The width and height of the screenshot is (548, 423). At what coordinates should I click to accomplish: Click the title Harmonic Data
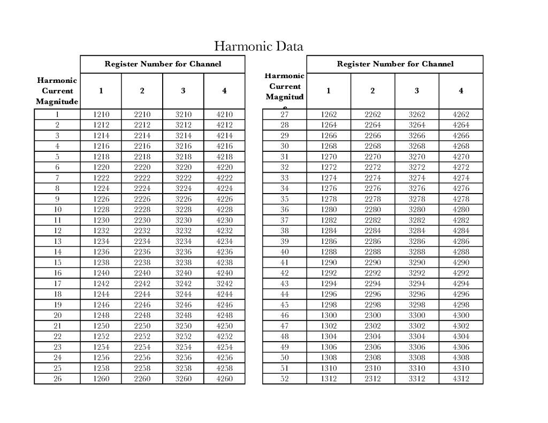pyautogui.click(x=258, y=47)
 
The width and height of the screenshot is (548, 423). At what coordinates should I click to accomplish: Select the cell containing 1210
pyautogui.click(x=101, y=114)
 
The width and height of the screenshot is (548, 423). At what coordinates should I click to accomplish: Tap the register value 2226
pyautogui.click(x=142, y=199)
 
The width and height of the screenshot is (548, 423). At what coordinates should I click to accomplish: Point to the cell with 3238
pyautogui.click(x=183, y=263)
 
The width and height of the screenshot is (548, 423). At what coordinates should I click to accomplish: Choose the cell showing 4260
pyautogui.click(x=224, y=379)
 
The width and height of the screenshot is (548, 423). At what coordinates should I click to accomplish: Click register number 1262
pyautogui.click(x=329, y=114)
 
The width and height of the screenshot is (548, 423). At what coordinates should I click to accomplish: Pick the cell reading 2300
pyautogui.click(x=372, y=316)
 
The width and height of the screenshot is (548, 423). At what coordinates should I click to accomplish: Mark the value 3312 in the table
pyautogui.click(x=416, y=379)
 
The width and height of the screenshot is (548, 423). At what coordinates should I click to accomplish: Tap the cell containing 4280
pyautogui.click(x=460, y=210)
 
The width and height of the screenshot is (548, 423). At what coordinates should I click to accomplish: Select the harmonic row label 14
pyautogui.click(x=57, y=252)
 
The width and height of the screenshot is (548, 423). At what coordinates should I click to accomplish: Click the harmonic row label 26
pyautogui.click(x=57, y=379)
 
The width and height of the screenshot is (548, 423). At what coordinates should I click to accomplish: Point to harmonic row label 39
pyautogui.click(x=285, y=241)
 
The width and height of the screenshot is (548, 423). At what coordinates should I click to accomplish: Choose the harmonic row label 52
pyautogui.click(x=285, y=379)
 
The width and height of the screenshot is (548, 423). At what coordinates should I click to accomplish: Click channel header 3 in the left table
pyautogui.click(x=183, y=91)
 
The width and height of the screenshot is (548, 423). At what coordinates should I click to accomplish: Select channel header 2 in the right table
pyautogui.click(x=372, y=91)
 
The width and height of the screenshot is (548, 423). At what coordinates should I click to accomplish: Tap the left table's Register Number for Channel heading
pyautogui.click(x=162, y=64)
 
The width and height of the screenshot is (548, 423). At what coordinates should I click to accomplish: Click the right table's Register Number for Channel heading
pyautogui.click(x=394, y=64)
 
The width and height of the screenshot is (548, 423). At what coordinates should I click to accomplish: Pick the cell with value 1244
pyautogui.click(x=101, y=294)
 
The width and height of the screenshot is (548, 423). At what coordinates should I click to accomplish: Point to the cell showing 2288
pyautogui.click(x=372, y=252)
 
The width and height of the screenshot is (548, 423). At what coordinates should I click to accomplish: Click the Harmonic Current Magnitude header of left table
pyautogui.click(x=57, y=91)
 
